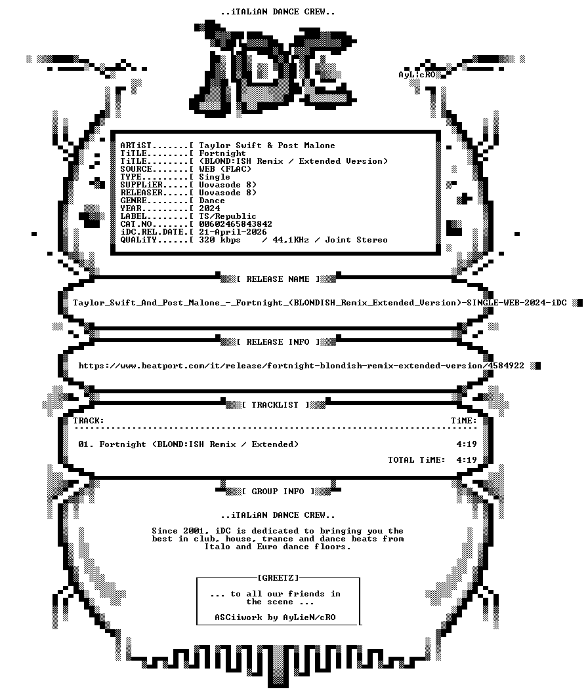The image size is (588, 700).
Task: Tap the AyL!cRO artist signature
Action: (417, 75)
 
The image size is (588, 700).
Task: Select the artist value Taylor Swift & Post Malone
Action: (267, 146)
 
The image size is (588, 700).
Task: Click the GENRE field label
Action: (133, 201)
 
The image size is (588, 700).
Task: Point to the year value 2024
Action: (209, 208)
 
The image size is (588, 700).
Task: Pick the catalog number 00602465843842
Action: (236, 224)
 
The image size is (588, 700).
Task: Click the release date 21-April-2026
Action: (232, 232)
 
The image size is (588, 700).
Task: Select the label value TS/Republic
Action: (228, 216)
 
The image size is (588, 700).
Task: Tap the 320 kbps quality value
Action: (220, 240)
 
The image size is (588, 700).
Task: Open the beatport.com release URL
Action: (301, 366)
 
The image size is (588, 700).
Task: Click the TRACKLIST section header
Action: (276, 405)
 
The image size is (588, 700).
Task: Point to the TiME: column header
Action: (464, 421)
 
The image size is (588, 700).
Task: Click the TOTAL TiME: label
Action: (417, 460)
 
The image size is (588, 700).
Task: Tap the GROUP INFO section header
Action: (278, 492)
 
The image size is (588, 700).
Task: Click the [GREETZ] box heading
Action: (278, 578)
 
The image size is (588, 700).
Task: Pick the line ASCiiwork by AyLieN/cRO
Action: (275, 617)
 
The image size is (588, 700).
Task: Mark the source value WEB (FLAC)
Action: (225, 169)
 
